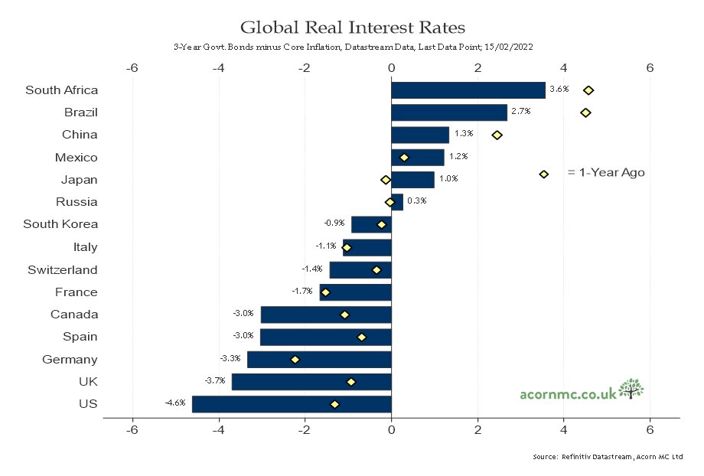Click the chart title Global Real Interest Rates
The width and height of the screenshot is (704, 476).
tap(353, 28)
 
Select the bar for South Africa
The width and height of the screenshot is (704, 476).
tap(468, 90)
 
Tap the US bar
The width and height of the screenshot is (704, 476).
tap(292, 404)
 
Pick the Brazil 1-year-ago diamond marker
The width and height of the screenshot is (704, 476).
tap(585, 112)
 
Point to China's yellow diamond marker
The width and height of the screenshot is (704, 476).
tap(497, 135)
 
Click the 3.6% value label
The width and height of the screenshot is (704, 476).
tap(559, 89)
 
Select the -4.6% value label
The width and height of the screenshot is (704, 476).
tap(175, 403)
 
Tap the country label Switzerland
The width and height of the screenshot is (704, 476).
tap(63, 270)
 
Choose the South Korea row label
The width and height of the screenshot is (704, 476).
tap(60, 224)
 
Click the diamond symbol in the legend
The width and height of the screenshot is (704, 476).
tap(544, 174)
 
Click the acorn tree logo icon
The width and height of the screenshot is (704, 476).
tap(631, 389)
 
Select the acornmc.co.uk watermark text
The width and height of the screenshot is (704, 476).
tap(569, 394)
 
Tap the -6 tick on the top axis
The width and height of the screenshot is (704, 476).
tap(132, 68)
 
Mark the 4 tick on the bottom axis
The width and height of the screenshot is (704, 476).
tap(563, 430)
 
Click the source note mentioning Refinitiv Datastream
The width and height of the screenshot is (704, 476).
tap(608, 457)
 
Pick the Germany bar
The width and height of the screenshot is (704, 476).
tap(319, 360)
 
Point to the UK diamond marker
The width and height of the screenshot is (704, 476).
tap(351, 382)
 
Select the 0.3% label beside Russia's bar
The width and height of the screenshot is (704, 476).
tap(416, 201)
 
